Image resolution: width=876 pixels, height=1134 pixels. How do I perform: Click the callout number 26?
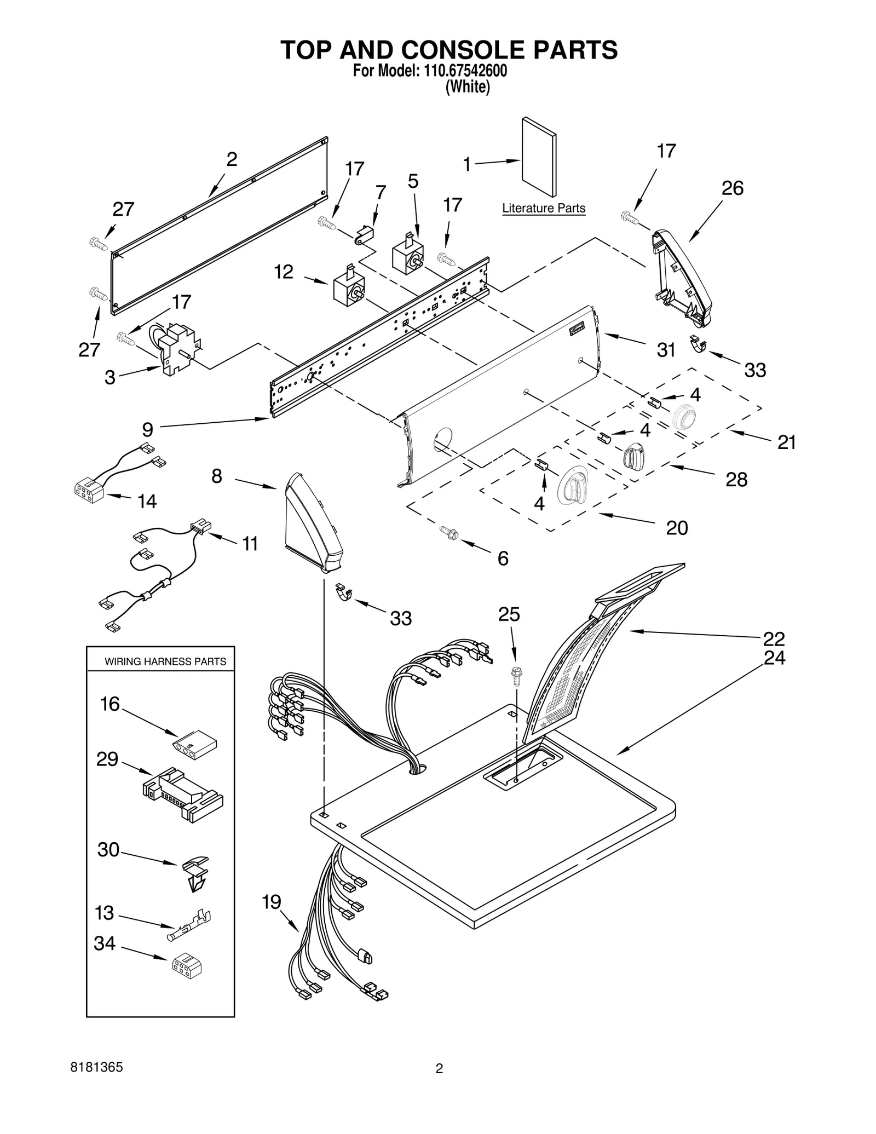pyautogui.click(x=732, y=188)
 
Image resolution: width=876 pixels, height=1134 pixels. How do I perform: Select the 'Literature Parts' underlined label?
pyautogui.click(x=543, y=208)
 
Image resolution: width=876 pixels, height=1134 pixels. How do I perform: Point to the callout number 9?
pyautogui.click(x=147, y=429)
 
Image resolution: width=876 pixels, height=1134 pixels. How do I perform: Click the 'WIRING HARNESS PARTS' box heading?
pyautogui.click(x=165, y=661)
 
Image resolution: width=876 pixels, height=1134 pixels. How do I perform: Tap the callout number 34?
pyautogui.click(x=104, y=943)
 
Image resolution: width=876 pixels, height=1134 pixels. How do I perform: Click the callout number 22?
pyautogui.click(x=774, y=638)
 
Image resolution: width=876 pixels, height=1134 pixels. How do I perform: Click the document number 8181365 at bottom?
pyautogui.click(x=96, y=1067)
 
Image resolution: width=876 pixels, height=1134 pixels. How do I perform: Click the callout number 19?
pyautogui.click(x=272, y=902)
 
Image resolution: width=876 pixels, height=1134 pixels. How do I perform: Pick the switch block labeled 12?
pyautogui.click(x=349, y=288)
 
